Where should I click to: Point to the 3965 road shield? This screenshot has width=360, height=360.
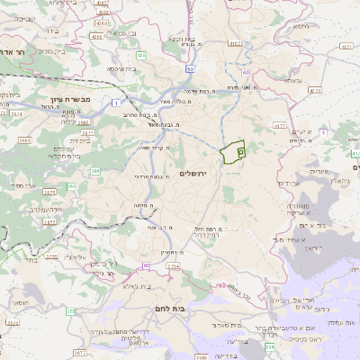pyautogui.click(x=25, y=140)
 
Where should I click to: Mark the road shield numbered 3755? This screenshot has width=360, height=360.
pyautogui.click(x=52, y=256)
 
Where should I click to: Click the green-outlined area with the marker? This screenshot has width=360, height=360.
pyautogui.click(x=234, y=151)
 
